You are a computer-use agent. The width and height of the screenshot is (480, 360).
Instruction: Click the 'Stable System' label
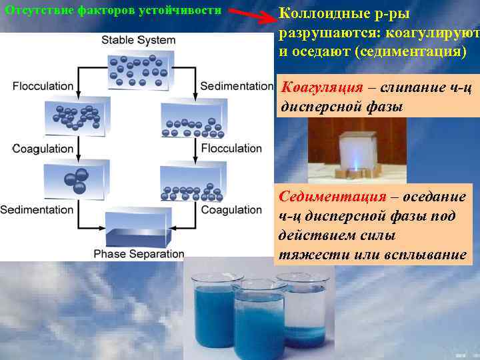(138, 40)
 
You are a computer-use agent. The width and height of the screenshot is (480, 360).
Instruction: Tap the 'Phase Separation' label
(138, 253)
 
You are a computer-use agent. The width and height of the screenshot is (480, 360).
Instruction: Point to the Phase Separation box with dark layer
(138, 230)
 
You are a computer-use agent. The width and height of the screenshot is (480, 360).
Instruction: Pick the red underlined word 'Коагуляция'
(323, 87)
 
